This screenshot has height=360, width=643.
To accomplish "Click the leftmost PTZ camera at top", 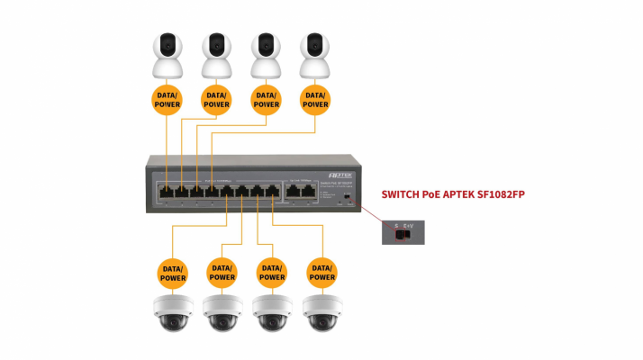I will [x=167, y=57].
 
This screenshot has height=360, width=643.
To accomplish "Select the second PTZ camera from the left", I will [x=216, y=57].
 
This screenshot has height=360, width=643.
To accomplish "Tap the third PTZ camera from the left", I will [x=265, y=57].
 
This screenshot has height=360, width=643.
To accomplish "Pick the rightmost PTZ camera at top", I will [x=314, y=57].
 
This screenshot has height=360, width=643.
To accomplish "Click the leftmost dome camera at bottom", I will [x=173, y=311].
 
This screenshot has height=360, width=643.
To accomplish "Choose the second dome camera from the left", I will [x=222, y=311].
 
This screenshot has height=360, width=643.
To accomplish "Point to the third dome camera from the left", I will [x=272, y=311].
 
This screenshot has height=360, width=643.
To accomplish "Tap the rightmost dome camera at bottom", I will [x=321, y=311].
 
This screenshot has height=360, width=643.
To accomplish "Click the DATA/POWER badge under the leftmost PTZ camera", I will [x=167, y=100].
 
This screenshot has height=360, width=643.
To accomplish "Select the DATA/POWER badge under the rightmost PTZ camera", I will [x=314, y=100].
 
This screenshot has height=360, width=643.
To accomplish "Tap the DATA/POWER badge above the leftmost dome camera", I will [x=173, y=272].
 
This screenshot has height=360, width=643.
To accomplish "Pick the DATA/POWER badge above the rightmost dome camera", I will [x=321, y=272].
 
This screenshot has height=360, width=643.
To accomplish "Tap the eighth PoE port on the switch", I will [x=271, y=191].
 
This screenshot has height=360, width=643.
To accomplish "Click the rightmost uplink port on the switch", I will [x=307, y=191].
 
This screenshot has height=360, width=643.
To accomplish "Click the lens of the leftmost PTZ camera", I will [x=167, y=42].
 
